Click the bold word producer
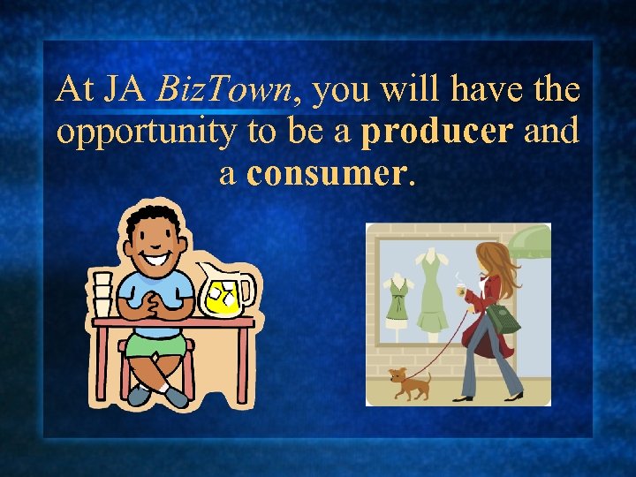coord(438,132)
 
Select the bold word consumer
coord(328,173)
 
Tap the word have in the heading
coord(495,90)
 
